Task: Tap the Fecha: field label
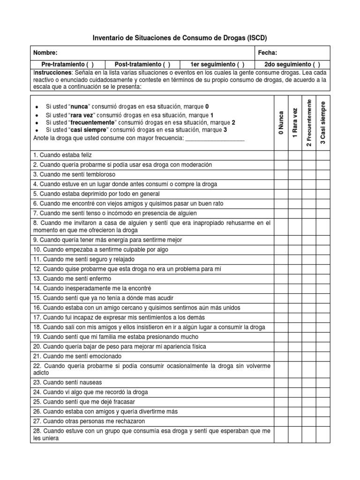(x=268, y=53)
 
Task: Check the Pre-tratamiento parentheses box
(x=90, y=64)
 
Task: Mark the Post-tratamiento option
(x=166, y=64)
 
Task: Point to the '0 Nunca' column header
(x=280, y=123)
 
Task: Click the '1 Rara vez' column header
(x=295, y=123)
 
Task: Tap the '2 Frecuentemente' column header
(x=309, y=123)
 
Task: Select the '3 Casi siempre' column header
(x=323, y=123)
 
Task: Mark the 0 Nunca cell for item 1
(x=280, y=155)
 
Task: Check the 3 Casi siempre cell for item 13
(x=323, y=278)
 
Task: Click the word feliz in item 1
(x=93, y=155)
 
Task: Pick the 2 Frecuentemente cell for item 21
(x=309, y=356)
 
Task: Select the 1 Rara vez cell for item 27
(x=295, y=420)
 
